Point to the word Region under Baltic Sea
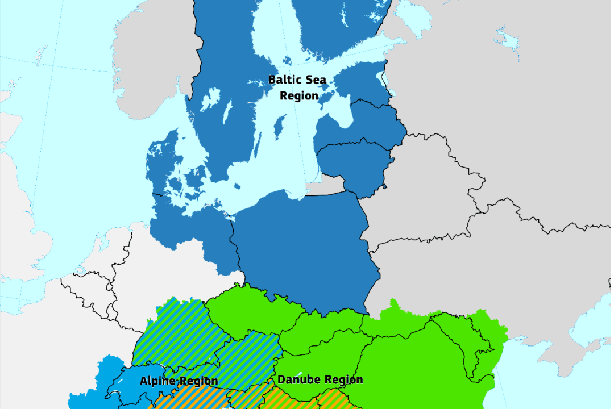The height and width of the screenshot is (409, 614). [299, 96]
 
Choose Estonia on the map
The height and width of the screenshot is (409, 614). [364, 80]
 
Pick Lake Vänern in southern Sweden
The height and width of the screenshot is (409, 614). [210, 99]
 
